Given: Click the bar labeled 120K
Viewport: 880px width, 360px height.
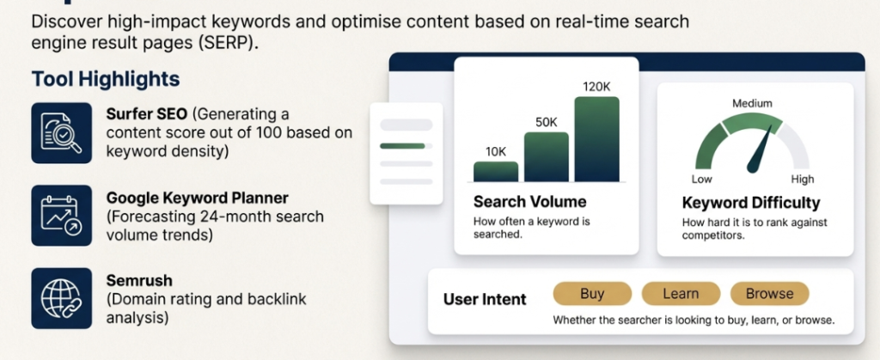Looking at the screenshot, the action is tap(596, 139).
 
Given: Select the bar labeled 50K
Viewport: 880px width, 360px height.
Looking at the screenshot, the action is tap(546, 157).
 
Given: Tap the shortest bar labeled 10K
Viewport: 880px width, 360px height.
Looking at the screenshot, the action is tap(496, 172).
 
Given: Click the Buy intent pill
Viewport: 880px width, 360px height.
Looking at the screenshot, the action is tap(592, 293).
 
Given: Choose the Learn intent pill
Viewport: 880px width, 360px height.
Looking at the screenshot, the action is tap(681, 293).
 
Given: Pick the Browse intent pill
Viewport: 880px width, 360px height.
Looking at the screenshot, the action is tap(769, 293).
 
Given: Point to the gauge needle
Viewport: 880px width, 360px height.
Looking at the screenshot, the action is tap(760, 148).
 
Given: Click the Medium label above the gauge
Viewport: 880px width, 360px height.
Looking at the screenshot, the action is tap(752, 103).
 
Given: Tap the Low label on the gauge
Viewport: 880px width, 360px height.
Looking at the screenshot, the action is tap(701, 179).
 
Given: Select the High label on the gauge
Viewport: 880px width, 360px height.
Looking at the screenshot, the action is tap(802, 179).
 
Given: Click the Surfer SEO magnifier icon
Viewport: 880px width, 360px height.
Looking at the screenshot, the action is tap(61, 133).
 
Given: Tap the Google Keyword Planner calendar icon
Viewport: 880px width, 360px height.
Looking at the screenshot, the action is tap(61, 216).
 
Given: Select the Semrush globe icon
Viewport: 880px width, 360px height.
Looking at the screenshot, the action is tap(61, 298).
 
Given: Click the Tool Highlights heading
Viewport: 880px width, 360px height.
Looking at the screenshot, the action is tap(106, 79).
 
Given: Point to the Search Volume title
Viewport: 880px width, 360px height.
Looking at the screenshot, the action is tap(529, 201).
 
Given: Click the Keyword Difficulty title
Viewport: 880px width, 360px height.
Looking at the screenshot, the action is tap(751, 203).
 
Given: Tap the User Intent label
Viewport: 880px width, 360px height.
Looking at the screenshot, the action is tap(485, 300).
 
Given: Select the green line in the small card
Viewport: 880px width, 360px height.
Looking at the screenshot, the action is tap(402, 146).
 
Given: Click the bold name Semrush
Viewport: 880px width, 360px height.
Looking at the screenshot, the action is tap(139, 280).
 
